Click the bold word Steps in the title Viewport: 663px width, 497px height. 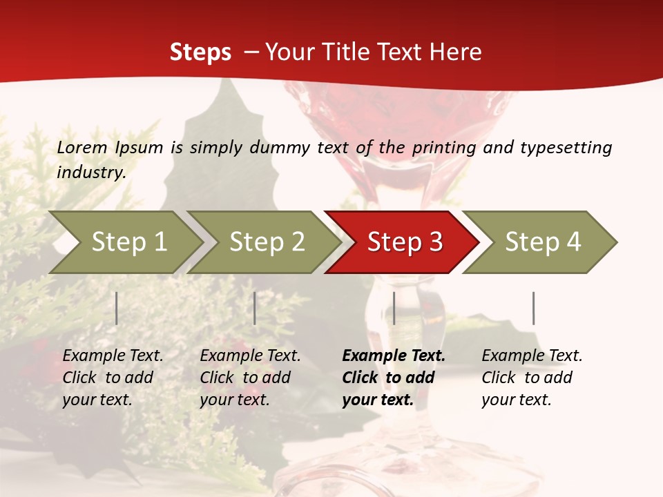(200, 52)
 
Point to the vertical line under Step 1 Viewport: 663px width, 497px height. (117, 308)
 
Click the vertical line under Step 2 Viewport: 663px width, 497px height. (255, 308)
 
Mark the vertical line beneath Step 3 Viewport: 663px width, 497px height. (394, 308)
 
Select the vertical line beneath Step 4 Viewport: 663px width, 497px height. (533, 308)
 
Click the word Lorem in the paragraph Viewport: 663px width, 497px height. (82, 147)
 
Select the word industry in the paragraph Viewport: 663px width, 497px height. (90, 173)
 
